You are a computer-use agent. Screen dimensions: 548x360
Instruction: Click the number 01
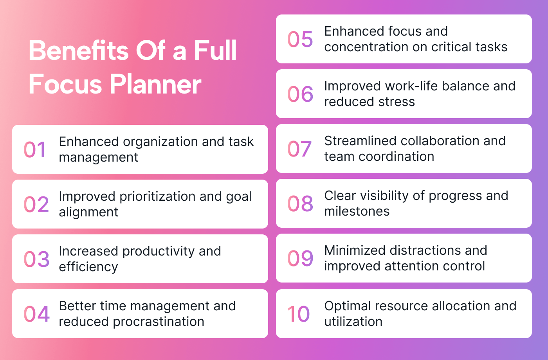click(x=34, y=149)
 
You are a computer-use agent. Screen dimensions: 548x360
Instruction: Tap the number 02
click(x=36, y=204)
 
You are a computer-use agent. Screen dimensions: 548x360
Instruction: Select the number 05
click(x=300, y=39)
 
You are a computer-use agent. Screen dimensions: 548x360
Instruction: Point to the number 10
click(x=298, y=314)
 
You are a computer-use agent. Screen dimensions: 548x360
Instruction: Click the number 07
click(x=299, y=149)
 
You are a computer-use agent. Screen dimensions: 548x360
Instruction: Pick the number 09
click(x=300, y=258)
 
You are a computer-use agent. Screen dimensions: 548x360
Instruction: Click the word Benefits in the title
click(x=78, y=50)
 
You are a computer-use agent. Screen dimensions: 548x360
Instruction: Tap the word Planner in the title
click(x=155, y=84)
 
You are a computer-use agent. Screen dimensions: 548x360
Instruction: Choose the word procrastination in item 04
click(x=159, y=321)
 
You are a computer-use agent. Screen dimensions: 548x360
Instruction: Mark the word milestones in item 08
click(x=357, y=211)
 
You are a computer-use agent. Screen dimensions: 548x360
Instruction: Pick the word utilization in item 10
click(x=353, y=321)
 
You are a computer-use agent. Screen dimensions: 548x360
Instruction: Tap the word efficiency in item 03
click(x=88, y=267)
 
